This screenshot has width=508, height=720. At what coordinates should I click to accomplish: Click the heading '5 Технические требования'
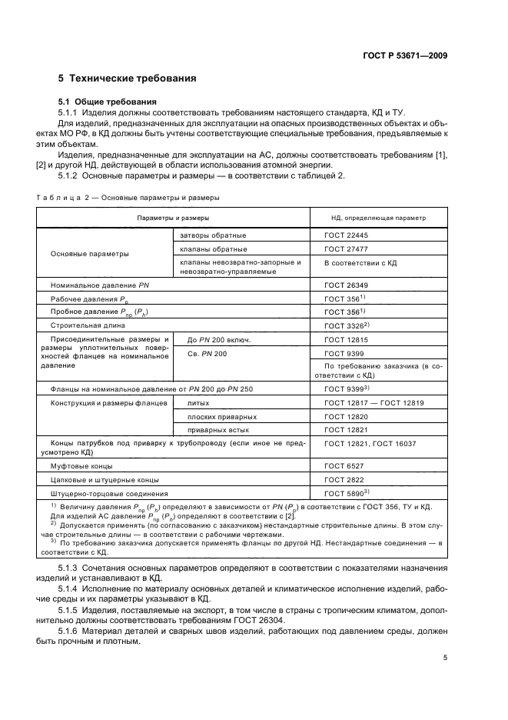click(127, 78)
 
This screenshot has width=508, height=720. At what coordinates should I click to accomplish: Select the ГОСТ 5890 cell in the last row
click(345, 493)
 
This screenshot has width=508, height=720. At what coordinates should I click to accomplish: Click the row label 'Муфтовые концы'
click(81, 466)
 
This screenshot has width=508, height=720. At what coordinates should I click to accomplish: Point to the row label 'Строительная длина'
click(87, 325)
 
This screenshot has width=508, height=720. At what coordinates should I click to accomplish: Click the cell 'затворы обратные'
click(213, 235)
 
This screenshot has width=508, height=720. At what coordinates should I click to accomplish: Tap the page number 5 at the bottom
click(445, 658)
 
